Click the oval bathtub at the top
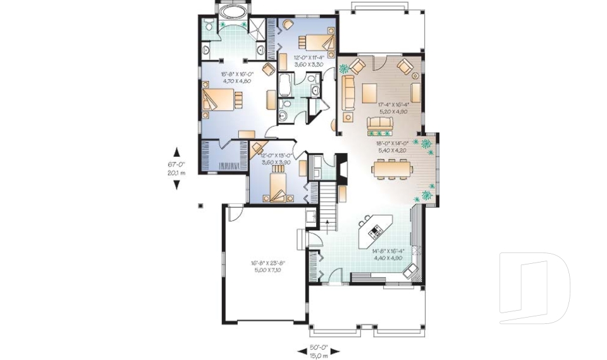[x=233, y=12]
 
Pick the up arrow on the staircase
[x=327, y=222]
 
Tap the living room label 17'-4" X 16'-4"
[x=393, y=104]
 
